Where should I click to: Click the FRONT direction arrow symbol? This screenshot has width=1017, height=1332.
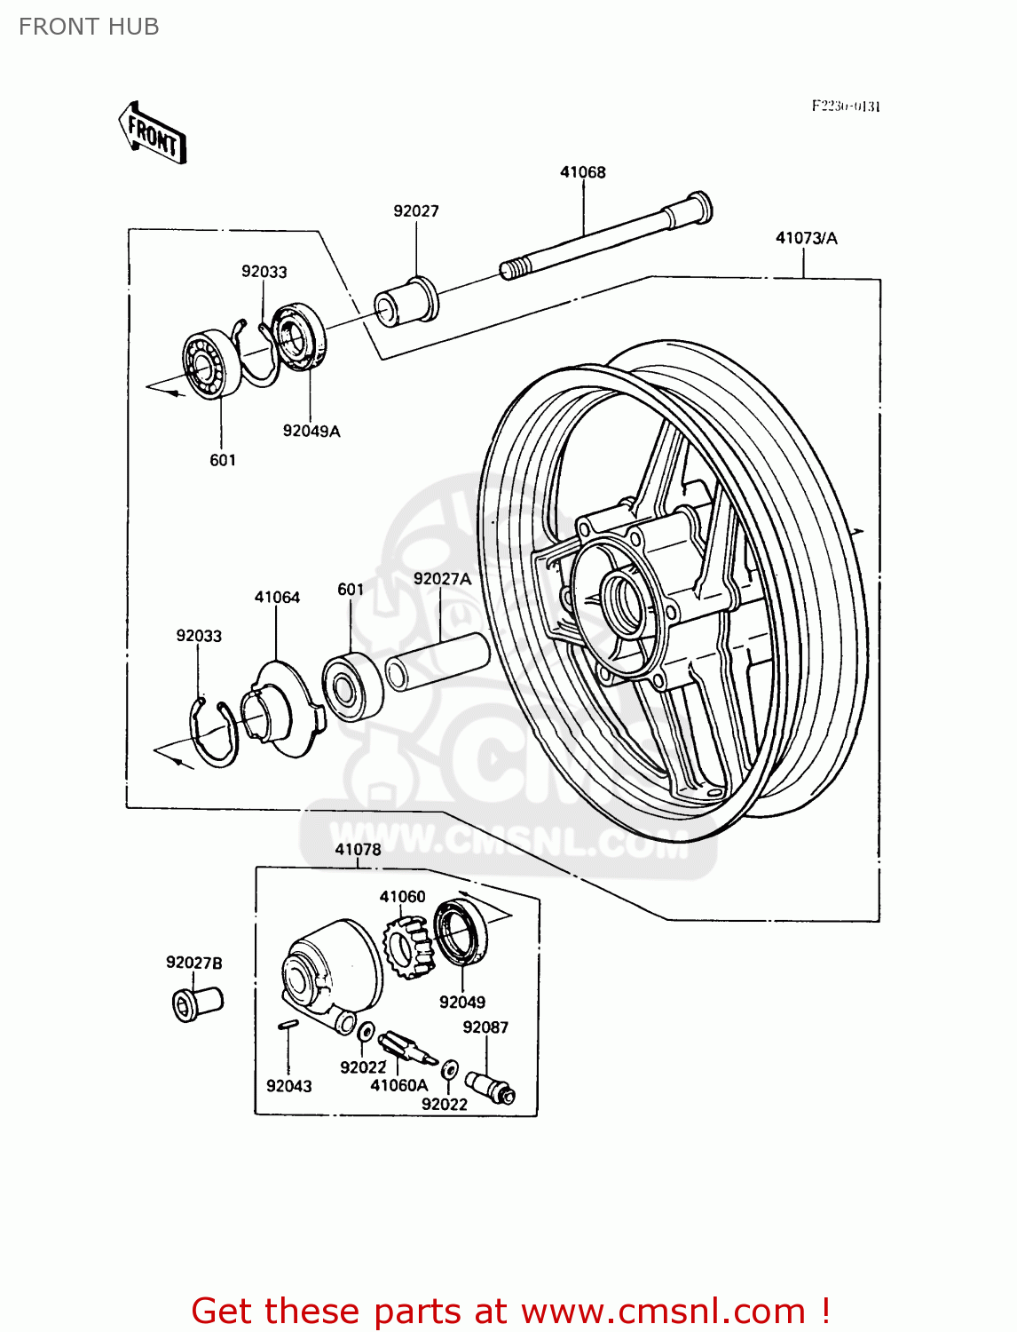click(x=152, y=133)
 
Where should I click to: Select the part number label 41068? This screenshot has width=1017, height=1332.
click(x=582, y=172)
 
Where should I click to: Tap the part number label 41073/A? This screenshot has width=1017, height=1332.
click(x=806, y=238)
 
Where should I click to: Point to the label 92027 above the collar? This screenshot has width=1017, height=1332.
click(x=416, y=211)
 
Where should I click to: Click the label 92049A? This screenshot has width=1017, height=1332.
click(x=311, y=432)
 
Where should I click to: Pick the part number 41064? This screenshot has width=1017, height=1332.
click(x=277, y=598)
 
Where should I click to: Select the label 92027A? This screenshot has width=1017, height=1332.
click(x=442, y=579)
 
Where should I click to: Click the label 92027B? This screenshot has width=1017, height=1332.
click(x=194, y=963)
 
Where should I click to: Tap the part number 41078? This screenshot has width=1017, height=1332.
click(x=358, y=850)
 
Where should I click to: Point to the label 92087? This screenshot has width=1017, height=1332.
click(x=485, y=1027)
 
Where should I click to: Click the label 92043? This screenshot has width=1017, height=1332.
click(x=289, y=1086)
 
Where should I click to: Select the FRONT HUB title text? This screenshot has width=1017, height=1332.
click(x=89, y=27)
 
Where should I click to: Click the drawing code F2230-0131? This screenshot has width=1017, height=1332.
click(x=846, y=107)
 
